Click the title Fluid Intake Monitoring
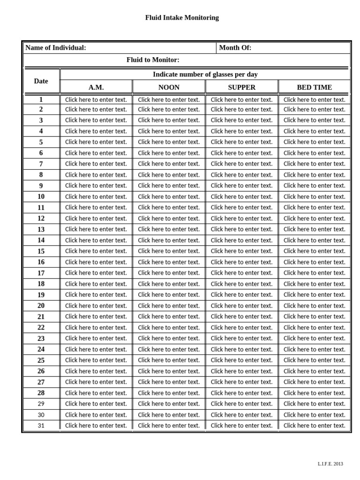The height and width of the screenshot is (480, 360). pyautogui.click(x=182, y=18)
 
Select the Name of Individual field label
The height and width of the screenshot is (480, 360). pyautogui.click(x=56, y=48)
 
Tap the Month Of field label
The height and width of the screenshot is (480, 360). pyautogui.click(x=235, y=48)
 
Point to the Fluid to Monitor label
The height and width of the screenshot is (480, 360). pyautogui.click(x=153, y=60)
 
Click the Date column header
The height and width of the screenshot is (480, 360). pyautogui.click(x=41, y=81)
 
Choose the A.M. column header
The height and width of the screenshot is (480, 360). pyautogui.click(x=96, y=87)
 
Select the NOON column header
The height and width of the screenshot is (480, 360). pyautogui.click(x=169, y=87)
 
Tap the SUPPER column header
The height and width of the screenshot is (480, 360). pyautogui.click(x=242, y=87)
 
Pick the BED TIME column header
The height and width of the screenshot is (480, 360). pyautogui.click(x=315, y=87)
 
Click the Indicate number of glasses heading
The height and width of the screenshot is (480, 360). pyautogui.click(x=205, y=75)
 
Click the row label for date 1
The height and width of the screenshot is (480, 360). pyautogui.click(x=41, y=99)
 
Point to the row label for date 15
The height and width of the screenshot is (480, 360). pyautogui.click(x=41, y=251)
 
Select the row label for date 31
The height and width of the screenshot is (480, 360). pyautogui.click(x=41, y=426)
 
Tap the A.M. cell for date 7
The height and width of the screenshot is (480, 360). pyautogui.click(x=96, y=164)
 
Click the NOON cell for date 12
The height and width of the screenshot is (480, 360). pyautogui.click(x=169, y=218)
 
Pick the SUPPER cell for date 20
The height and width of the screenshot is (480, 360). pyautogui.click(x=242, y=306)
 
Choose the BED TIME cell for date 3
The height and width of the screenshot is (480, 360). pyautogui.click(x=315, y=120)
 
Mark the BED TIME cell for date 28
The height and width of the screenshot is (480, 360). pyautogui.click(x=315, y=393)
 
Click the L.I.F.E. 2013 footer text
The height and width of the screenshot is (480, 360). pyautogui.click(x=330, y=464)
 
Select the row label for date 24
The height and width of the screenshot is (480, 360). pyautogui.click(x=41, y=349)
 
